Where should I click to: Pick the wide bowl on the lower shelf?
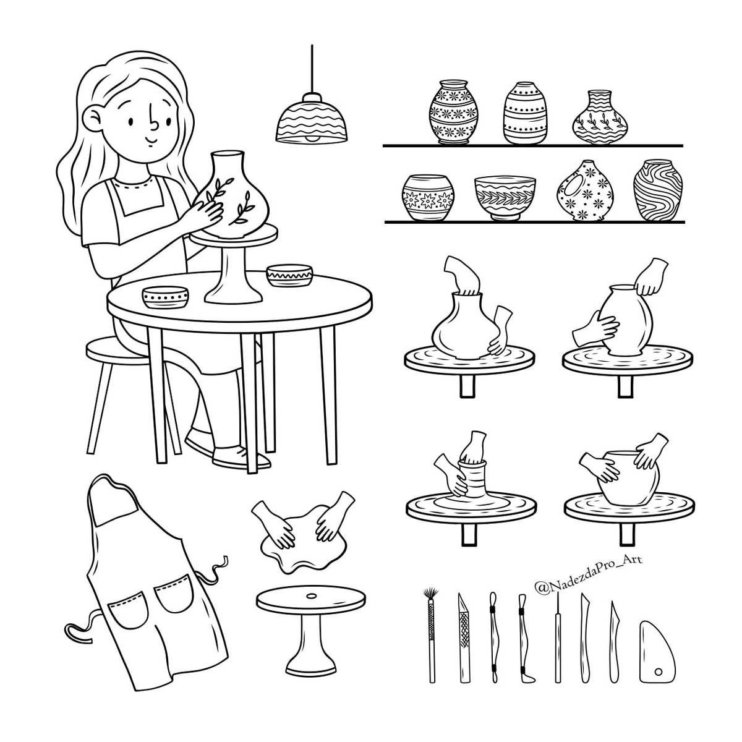(505, 197)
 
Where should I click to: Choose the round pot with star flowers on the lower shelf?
(427, 198)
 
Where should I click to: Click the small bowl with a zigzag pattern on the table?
(289, 275)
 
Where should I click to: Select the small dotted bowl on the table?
(166, 297)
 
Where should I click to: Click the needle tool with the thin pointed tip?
(557, 642)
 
